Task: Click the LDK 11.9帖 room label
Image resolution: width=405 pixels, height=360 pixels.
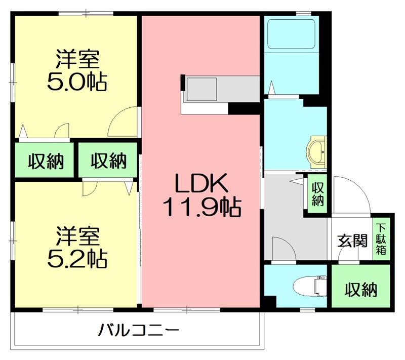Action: (x=202, y=195)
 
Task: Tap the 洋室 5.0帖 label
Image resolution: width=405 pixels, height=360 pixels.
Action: (x=77, y=70)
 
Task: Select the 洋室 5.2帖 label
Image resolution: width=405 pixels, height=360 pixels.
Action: (x=77, y=247)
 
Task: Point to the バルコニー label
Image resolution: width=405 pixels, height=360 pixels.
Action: (x=139, y=330)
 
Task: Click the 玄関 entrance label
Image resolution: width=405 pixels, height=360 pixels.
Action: (x=352, y=241)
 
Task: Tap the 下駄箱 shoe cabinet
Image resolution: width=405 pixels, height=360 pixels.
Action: (x=381, y=239)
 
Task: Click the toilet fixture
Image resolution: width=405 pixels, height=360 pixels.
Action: (x=310, y=286)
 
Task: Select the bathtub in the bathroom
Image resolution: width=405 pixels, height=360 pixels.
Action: (x=292, y=34)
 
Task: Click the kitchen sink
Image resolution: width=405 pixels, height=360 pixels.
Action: (x=201, y=89)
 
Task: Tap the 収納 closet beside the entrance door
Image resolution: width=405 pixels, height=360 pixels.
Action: (x=317, y=194)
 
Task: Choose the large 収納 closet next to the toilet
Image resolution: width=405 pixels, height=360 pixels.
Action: (x=360, y=286)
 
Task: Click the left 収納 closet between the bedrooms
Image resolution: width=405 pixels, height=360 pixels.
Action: (x=45, y=160)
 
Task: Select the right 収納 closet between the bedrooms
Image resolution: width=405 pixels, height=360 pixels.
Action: (x=108, y=160)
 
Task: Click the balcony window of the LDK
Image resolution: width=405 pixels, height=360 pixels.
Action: (x=186, y=309)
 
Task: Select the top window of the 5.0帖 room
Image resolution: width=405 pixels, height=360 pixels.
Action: (x=86, y=13)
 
